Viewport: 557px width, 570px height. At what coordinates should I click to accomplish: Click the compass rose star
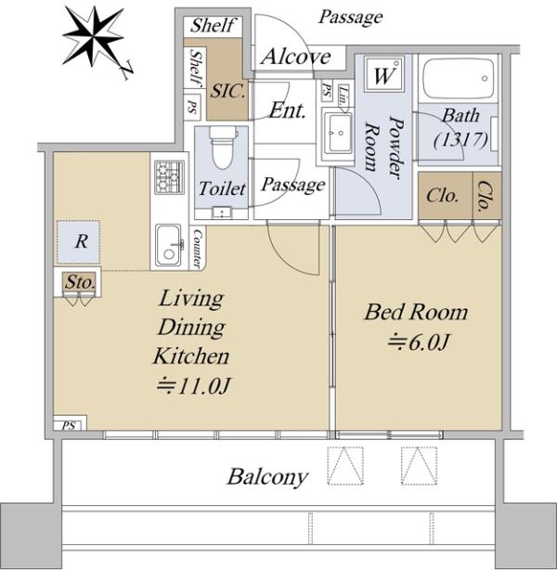coord(94,36)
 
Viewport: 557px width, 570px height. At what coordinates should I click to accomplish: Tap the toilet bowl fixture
coord(223,148)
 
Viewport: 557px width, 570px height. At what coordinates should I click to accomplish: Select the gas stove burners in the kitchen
coord(170,177)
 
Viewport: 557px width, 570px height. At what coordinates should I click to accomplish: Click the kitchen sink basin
coord(168,245)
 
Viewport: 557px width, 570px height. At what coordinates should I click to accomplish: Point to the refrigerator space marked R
coord(78,241)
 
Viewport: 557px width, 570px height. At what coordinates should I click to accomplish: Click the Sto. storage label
coord(81,282)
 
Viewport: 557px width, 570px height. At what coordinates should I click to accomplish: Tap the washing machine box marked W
coord(384,74)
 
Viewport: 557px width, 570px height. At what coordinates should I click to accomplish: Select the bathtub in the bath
coord(459,78)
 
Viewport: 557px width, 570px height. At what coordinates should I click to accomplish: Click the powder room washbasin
coord(338,134)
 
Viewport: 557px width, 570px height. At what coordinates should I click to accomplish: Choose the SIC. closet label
coord(228,91)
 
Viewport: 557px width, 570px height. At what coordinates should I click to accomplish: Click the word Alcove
coord(296,57)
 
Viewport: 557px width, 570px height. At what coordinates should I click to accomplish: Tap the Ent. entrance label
coord(287,110)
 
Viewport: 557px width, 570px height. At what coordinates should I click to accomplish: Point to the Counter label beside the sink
coord(197,249)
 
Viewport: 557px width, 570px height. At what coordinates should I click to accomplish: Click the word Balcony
coord(268,477)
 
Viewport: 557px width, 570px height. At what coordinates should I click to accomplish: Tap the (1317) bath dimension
coord(460,139)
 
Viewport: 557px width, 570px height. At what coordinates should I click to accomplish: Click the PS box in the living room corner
coord(71,423)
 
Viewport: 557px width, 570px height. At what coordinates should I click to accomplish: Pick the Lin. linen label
coord(343,96)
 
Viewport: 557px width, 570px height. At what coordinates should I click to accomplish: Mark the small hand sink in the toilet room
coord(222,213)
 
